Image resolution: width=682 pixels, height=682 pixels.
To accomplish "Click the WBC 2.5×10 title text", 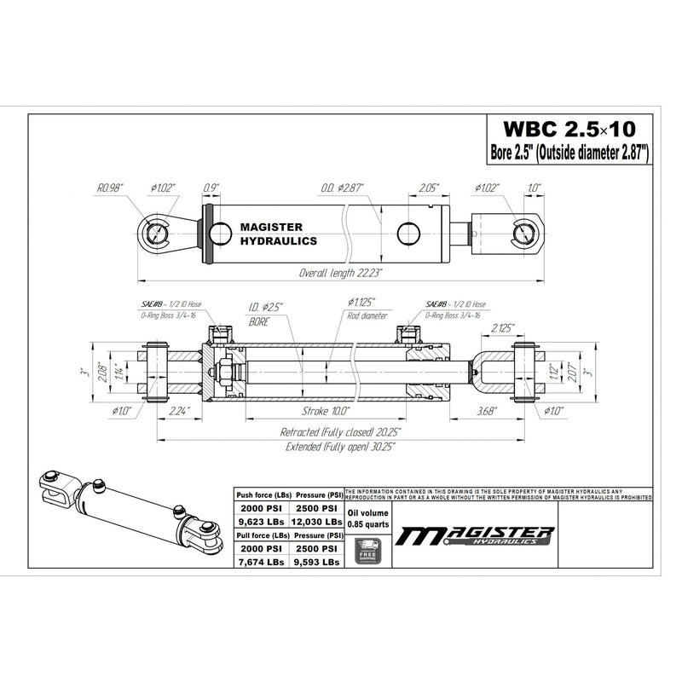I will click(569, 130).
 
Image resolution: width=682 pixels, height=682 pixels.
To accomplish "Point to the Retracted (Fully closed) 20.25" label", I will click(341, 431).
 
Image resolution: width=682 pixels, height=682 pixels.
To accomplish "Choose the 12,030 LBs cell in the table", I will click(317, 521).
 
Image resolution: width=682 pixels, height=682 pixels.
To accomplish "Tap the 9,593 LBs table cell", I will click(317, 562).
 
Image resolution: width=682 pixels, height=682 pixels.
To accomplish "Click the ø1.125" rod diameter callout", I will click(362, 302).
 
